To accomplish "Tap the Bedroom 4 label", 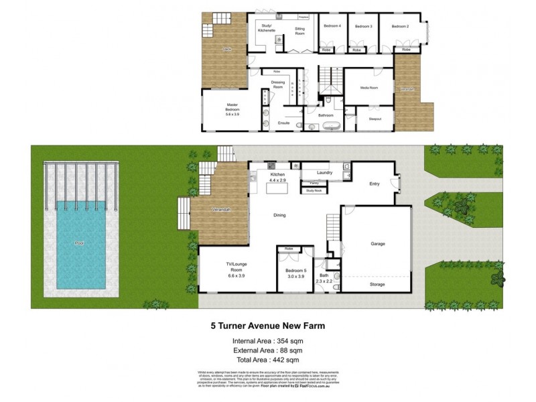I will (x=332, y=26).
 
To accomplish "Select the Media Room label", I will (x=369, y=88).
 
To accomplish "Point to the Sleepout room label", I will (x=375, y=119).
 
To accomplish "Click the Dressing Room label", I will (x=278, y=84).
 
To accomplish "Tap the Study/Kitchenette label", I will (x=267, y=28).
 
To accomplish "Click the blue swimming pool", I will (x=80, y=243).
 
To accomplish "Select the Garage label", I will (x=378, y=244).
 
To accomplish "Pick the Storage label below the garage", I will (x=378, y=284).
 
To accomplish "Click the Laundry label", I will (x=325, y=172).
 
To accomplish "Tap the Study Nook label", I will (x=314, y=191).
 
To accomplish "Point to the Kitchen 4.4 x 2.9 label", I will (x=277, y=177).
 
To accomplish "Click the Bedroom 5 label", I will (x=295, y=273).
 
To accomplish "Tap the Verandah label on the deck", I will (x=222, y=210).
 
